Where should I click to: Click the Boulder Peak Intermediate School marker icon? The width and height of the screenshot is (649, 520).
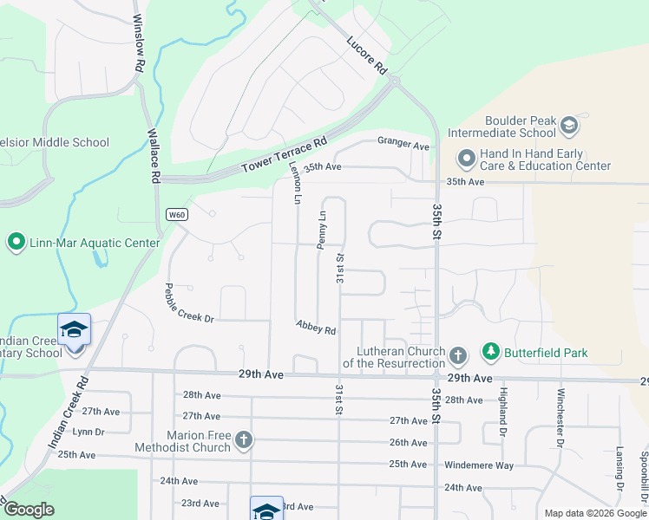[x=569, y=126]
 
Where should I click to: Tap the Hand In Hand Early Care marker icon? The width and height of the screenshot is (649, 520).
[x=466, y=159]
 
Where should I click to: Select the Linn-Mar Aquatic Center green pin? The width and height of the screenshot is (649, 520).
[x=16, y=243]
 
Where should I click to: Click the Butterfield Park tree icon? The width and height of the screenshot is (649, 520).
[x=491, y=352]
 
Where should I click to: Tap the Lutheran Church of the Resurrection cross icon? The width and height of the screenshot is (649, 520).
[x=458, y=354]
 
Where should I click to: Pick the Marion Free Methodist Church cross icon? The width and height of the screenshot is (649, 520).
[x=244, y=439]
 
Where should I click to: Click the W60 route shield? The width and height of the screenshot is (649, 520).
[x=176, y=214]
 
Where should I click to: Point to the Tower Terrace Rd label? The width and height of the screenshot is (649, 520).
[x=284, y=154]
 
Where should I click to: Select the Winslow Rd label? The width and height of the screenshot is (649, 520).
[x=139, y=42]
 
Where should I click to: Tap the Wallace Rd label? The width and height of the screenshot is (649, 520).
[x=154, y=156]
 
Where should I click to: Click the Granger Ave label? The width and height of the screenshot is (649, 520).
[x=403, y=144]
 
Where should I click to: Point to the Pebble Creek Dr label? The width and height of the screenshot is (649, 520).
[x=189, y=303]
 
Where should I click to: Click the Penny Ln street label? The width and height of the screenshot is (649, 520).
[x=321, y=231]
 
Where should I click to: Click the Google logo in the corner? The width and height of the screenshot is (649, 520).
[x=29, y=510]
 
